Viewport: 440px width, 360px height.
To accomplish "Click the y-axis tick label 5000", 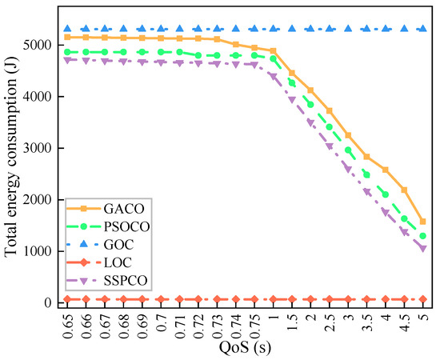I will click(x=40, y=45).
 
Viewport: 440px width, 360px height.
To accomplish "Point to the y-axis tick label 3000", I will click(x=40, y=148).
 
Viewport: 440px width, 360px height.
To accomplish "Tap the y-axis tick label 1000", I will click(x=40, y=251).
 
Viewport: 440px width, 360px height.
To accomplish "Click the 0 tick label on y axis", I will click(x=50, y=302).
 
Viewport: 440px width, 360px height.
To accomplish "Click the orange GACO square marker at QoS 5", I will click(x=422, y=222).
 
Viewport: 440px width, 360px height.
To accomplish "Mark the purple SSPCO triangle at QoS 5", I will click(x=422, y=249).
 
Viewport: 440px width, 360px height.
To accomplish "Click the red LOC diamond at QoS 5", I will click(x=422, y=299).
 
